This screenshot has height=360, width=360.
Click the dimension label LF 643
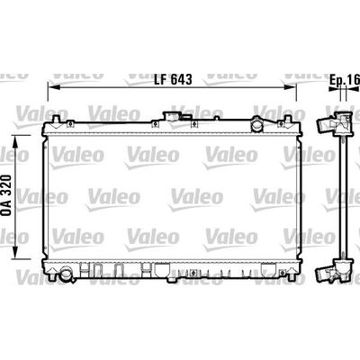tap(173, 79)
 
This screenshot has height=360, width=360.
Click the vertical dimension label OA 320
tap(6, 195)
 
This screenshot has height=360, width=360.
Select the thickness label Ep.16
tap(345, 80)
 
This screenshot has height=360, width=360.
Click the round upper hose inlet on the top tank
tap(257, 126)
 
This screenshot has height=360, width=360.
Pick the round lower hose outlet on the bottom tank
tap(66, 274)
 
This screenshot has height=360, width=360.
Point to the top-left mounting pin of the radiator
tap(56, 119)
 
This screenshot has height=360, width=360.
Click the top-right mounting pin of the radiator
tap(288, 120)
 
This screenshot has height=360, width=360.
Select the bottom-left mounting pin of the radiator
tap(51, 274)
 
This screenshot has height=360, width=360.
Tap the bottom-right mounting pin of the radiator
tap(291, 274)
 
